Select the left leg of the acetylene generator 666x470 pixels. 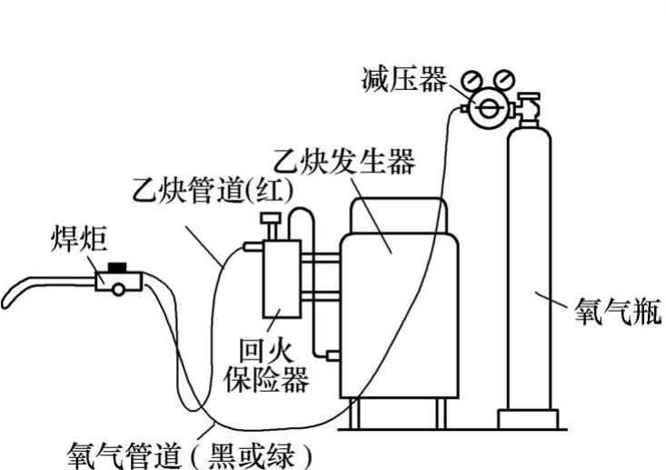(x=354, y=414)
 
